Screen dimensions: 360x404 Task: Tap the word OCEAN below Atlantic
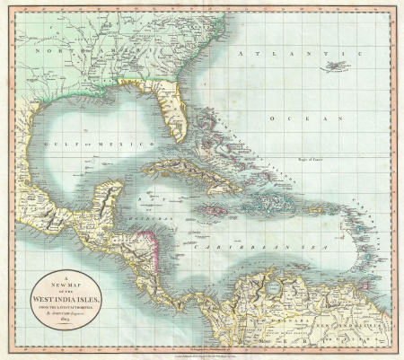point(305,118)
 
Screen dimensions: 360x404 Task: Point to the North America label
point(54,52)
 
